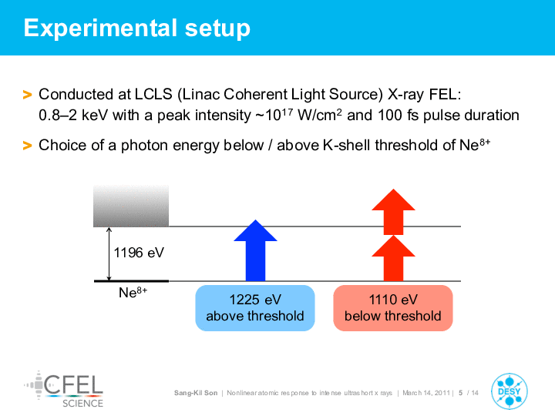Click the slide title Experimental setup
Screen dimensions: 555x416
tap(137, 28)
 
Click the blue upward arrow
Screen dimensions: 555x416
tap(256, 250)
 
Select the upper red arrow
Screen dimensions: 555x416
tap(393, 212)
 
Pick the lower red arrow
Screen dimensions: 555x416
tap(393, 258)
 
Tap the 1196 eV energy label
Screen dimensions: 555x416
tap(139, 253)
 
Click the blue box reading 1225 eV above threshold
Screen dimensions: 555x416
tap(255, 307)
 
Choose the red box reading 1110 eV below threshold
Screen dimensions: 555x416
tap(393, 307)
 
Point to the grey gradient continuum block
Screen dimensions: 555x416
tap(131, 206)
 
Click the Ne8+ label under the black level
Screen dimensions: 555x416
tap(133, 292)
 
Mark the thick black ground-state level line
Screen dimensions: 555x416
tap(131, 281)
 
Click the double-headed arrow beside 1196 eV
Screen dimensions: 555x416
tap(109, 254)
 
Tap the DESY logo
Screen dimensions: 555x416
tap(509, 391)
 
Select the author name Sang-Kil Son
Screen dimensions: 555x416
tap(196, 393)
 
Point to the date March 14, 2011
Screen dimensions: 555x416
tap(426, 393)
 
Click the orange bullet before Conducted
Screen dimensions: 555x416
tap(27, 95)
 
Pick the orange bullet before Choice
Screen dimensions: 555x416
tap(27, 146)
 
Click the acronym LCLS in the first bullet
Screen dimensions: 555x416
tap(153, 95)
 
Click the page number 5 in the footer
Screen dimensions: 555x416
tap(460, 393)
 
